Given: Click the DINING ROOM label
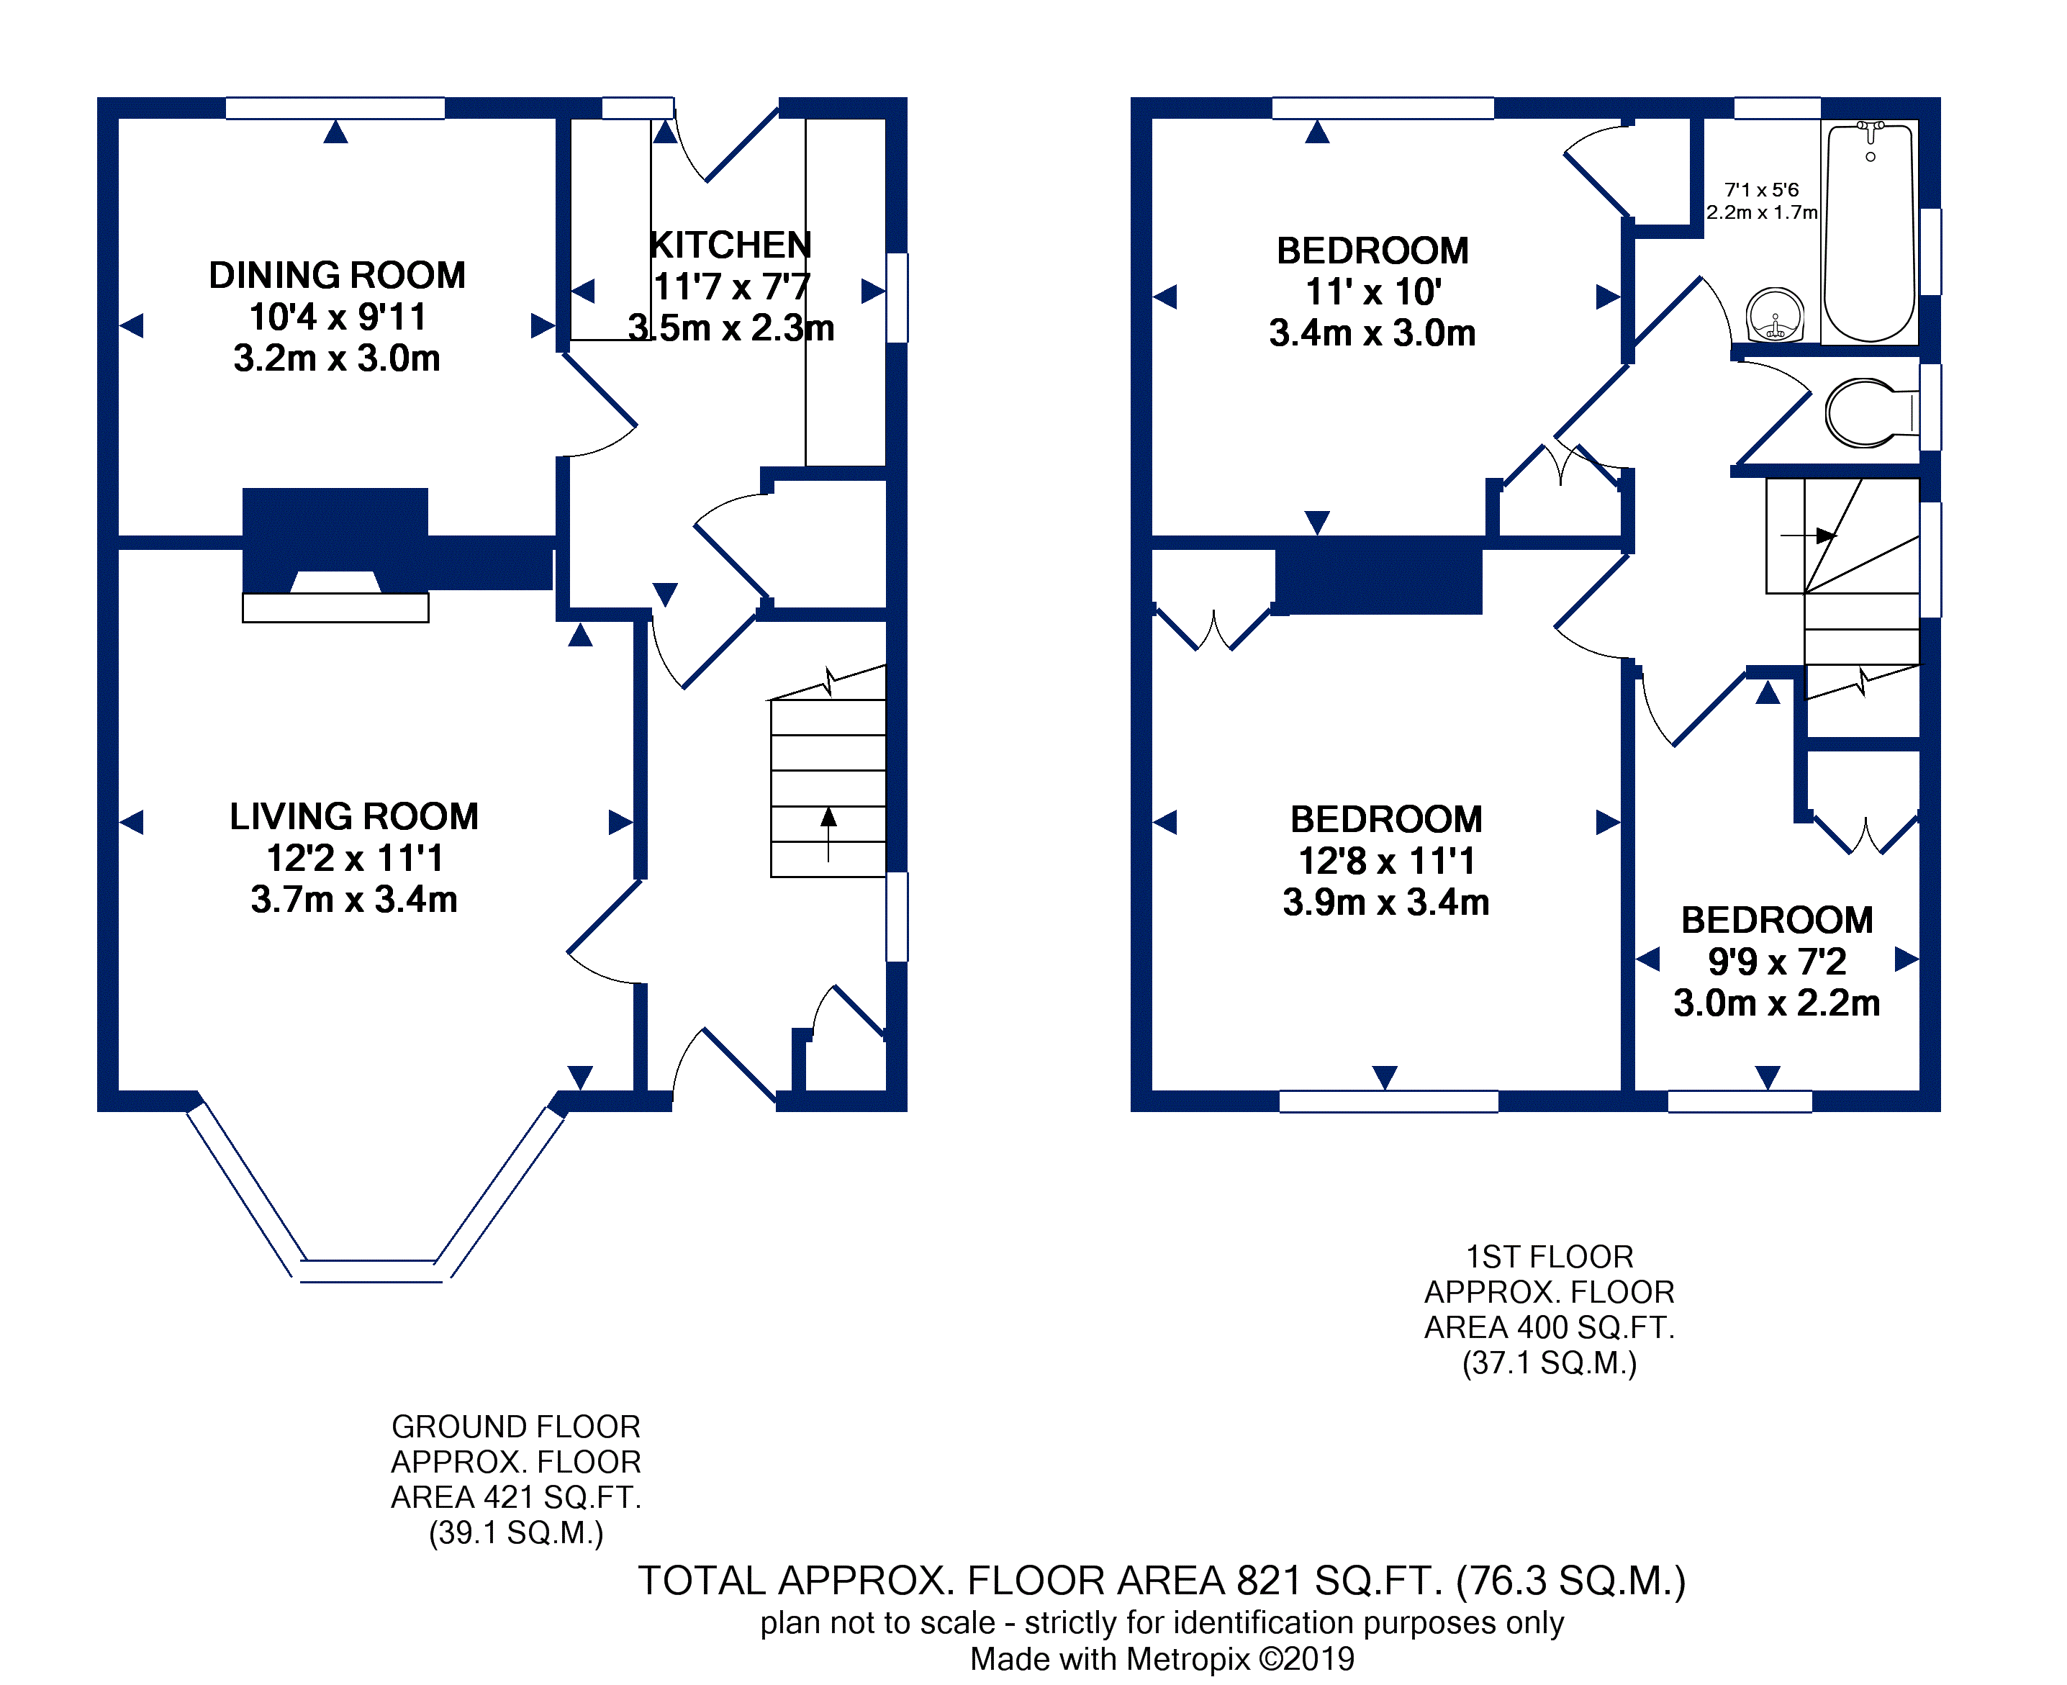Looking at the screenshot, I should (337, 276).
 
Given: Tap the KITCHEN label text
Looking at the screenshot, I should (730, 245).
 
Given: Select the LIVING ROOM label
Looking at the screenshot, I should (354, 816).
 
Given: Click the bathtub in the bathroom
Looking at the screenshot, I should (1869, 233).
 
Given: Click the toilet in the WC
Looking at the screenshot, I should (1863, 413).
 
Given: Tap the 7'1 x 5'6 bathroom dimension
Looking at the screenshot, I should (1760, 190).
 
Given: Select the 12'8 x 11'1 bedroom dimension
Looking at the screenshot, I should (1385, 861).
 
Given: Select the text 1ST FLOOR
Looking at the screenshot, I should (1549, 1257).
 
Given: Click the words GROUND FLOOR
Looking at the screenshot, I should (515, 1427).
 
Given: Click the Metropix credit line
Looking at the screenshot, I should (1162, 1660).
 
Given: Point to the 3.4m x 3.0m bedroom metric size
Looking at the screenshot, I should (1372, 333).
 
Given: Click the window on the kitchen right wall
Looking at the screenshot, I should (897, 297).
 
